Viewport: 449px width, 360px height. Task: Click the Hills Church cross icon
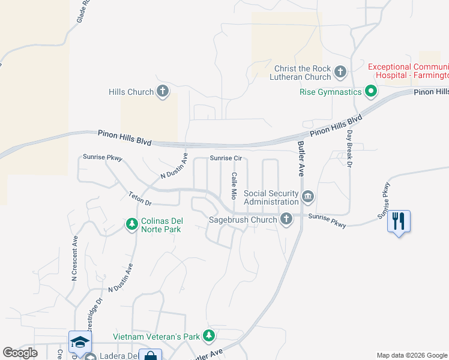pos(162,92)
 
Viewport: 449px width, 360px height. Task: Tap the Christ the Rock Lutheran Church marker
pos(340,73)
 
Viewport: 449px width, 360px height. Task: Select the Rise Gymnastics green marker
pos(371,92)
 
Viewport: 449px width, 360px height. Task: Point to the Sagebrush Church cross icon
pos(286,220)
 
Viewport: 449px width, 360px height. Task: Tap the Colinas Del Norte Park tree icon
pos(132,224)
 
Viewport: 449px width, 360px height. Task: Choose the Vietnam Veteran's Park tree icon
pos(209,337)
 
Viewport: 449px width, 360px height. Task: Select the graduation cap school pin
pos(80,342)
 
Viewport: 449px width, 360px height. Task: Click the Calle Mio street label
pos(234,185)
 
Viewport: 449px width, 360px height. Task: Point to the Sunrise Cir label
pos(226,158)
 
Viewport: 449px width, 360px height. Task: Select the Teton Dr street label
pos(139,199)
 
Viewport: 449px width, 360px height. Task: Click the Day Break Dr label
pos(349,148)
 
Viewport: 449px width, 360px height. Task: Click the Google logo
pos(20,353)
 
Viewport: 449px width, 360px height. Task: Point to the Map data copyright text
pos(412,355)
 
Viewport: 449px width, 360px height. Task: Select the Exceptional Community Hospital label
pos(408,71)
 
